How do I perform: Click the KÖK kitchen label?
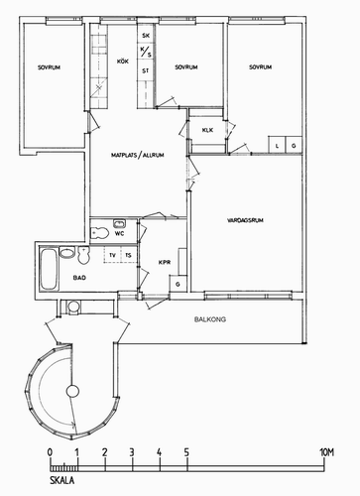(122, 62)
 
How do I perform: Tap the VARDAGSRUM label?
(245, 220)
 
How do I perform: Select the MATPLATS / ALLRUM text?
(137, 155)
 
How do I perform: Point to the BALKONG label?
(210, 319)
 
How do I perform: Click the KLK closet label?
(207, 130)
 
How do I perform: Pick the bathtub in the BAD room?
(49, 269)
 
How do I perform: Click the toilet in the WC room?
(99, 233)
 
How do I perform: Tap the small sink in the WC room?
(119, 224)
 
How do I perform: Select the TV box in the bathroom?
(112, 255)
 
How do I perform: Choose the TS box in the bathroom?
(129, 255)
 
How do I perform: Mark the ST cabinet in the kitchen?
(146, 70)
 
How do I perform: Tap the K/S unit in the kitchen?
(146, 52)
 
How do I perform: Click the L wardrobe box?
(277, 145)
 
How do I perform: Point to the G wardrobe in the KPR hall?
(179, 284)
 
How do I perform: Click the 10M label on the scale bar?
(326, 452)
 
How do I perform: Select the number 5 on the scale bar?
(186, 452)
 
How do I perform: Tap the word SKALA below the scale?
(62, 480)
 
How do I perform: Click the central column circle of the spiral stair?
(72, 392)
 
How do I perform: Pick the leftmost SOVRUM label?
(49, 67)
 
